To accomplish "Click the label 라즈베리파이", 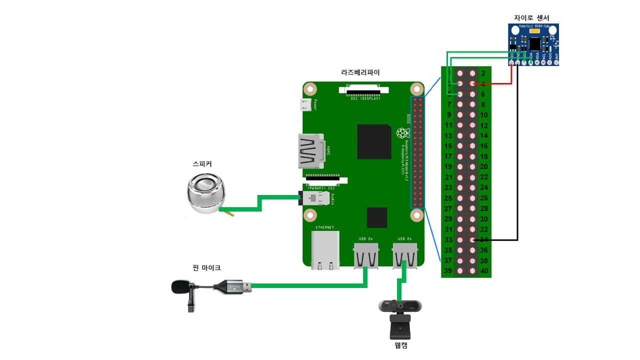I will [x=360, y=72].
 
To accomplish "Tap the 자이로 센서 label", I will [x=531, y=18].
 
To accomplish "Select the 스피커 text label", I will [x=202, y=163].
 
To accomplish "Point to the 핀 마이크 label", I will [x=206, y=268].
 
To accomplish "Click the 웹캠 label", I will [x=401, y=344].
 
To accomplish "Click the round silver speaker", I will [x=204, y=193].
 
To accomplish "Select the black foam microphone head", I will [x=180, y=287].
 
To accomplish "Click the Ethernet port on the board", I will [x=325, y=250].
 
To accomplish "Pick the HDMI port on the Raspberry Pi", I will [x=311, y=151].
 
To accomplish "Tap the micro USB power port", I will [x=305, y=105].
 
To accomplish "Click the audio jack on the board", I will [x=315, y=198].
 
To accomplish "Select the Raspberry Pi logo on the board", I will [x=402, y=133].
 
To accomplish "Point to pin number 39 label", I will [x=448, y=271].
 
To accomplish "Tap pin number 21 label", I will [x=448, y=177].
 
